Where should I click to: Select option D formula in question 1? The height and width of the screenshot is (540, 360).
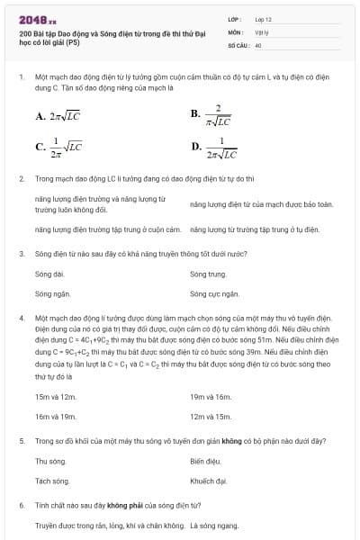click(215, 148)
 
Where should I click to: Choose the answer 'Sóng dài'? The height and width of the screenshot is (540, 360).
click(49, 273)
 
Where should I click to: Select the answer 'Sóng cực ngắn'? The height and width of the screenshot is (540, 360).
click(214, 293)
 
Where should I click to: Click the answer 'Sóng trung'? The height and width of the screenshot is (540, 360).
click(208, 273)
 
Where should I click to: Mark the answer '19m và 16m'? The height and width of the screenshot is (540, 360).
click(211, 396)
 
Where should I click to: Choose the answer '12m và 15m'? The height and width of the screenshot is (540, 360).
click(211, 417)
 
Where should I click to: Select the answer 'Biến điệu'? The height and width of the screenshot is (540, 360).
click(206, 461)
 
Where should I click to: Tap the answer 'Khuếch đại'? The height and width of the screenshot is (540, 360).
click(208, 481)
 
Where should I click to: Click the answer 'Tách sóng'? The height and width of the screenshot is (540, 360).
click(52, 481)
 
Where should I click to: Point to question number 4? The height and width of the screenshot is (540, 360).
click(21, 319)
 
